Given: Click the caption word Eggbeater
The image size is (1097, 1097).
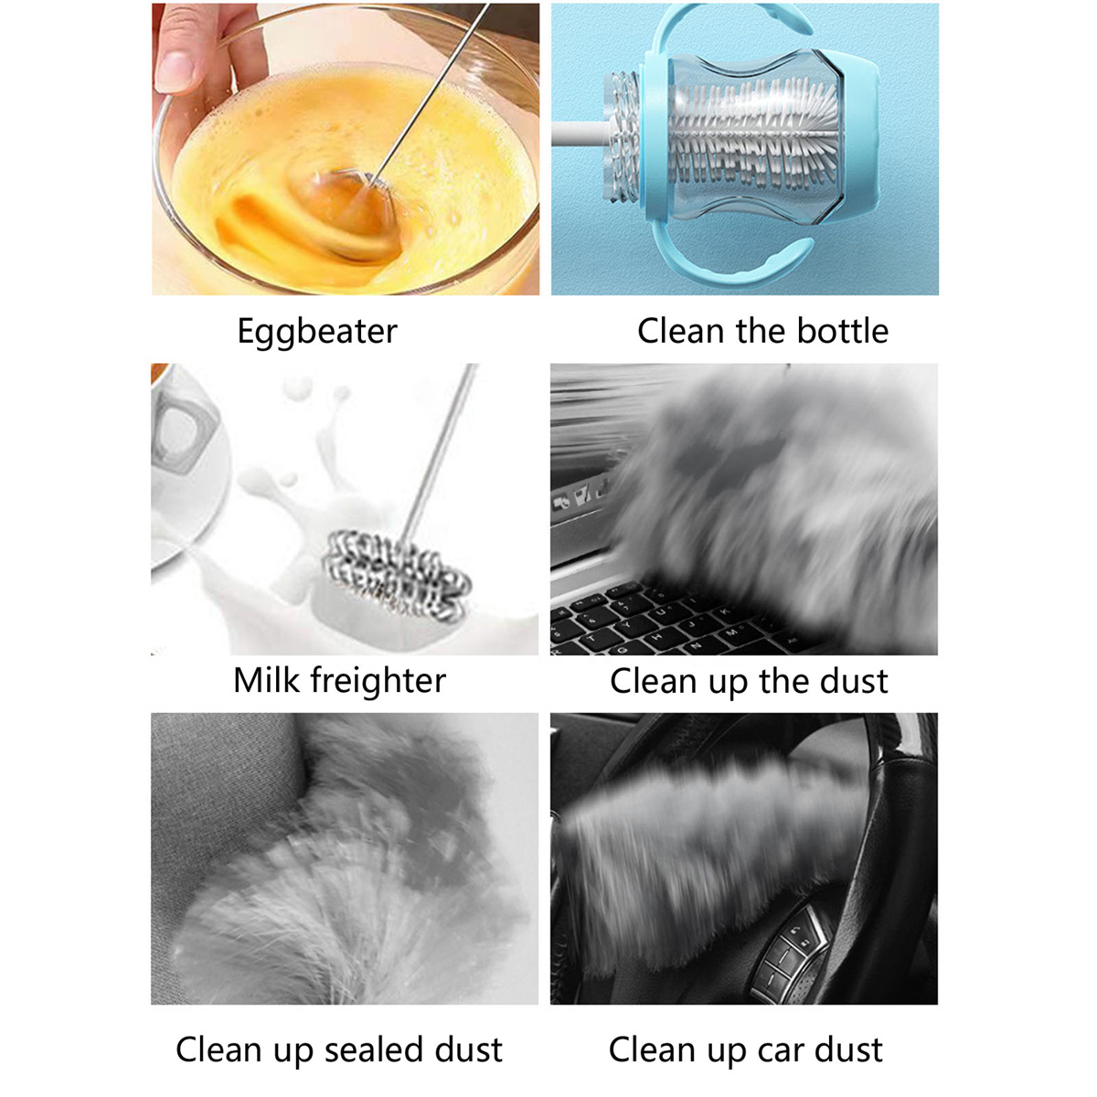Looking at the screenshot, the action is point(317,331).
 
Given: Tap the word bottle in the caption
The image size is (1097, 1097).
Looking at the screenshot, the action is point(843,330).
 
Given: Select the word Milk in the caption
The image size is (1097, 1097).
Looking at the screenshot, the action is point(266,680).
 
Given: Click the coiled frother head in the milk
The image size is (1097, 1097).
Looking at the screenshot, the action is point(397,575).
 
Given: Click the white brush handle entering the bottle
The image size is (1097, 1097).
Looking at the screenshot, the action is point(580,133).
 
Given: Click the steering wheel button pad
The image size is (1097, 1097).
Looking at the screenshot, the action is point(788,956).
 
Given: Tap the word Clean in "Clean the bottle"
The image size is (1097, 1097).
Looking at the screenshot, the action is point(681,330).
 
